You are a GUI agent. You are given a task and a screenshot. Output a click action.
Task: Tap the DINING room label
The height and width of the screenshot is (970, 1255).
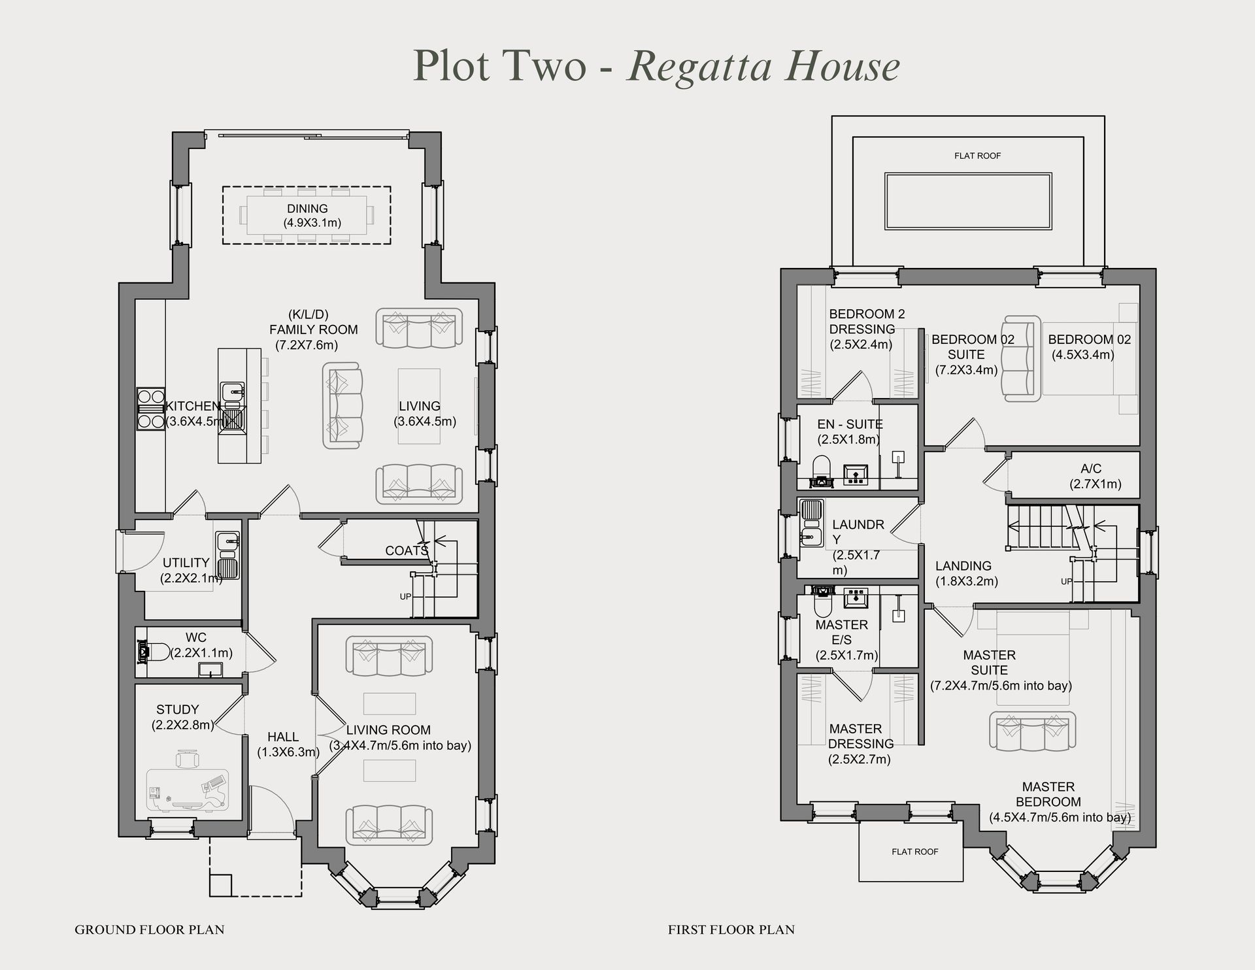307,209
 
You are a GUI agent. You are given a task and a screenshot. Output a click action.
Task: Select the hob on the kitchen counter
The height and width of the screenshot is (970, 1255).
150,409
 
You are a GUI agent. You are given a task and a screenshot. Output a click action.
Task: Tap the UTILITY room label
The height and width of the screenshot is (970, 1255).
186,563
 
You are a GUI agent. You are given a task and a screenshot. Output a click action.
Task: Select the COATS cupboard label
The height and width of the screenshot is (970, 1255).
406,551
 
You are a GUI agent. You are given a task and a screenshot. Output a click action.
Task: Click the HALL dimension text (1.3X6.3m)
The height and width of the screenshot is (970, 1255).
288,752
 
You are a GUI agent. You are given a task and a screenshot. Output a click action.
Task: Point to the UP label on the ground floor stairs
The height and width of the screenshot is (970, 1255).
406,597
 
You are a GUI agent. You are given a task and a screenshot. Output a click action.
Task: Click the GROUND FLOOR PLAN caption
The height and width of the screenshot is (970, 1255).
149,929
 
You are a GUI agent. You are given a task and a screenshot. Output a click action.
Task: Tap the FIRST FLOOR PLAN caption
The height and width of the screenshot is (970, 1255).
731,929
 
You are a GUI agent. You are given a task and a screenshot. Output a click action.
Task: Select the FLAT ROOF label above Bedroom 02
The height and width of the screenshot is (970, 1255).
977,156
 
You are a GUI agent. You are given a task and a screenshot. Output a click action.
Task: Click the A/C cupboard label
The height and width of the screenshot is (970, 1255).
1091,469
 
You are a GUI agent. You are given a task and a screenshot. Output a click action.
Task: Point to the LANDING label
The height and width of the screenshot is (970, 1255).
963,566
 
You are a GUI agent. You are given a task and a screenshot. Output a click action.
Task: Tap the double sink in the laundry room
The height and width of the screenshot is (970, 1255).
811,523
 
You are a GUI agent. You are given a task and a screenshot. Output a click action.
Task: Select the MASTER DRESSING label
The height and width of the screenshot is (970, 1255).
860,737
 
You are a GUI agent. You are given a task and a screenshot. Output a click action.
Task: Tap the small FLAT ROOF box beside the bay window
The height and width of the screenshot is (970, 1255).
914,852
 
